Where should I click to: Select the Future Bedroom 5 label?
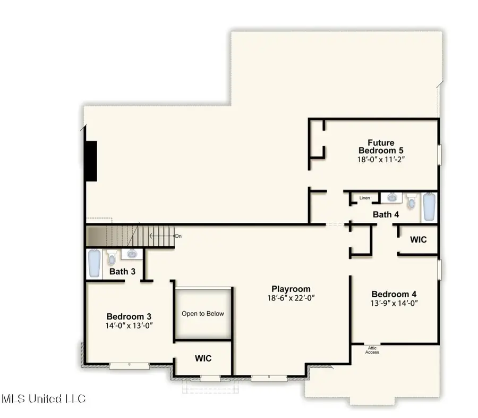(x=381, y=147)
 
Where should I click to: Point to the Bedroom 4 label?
(x=390, y=294)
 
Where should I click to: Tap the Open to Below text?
(x=203, y=314)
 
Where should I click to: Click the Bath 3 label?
(x=123, y=271)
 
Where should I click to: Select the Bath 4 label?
(x=386, y=215)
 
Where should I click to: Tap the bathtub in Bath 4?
(x=429, y=207)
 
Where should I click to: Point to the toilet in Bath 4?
(x=411, y=202)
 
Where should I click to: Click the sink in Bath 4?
(x=392, y=197)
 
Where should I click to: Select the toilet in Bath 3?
(x=112, y=258)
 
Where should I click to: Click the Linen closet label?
(x=364, y=198)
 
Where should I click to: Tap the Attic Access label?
(x=372, y=350)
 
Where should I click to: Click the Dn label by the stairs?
(x=178, y=235)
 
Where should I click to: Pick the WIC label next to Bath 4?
(x=418, y=240)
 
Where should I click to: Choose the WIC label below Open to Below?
(x=203, y=358)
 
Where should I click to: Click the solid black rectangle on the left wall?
(x=91, y=161)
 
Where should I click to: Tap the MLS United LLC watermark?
(x=44, y=398)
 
